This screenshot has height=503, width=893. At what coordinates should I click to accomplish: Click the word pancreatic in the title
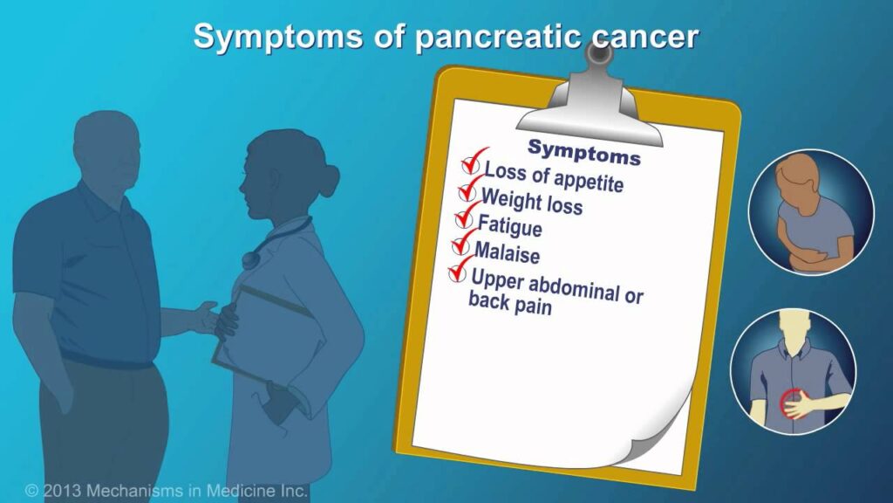(498, 38)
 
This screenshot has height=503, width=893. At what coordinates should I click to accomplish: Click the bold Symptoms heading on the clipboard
(583, 152)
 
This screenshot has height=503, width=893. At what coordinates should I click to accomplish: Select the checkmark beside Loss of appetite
(473, 162)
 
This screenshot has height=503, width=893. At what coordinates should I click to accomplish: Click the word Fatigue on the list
(509, 226)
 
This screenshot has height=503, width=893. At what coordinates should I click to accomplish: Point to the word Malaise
(507, 252)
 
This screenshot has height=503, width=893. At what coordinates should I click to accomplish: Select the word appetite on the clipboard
(589, 182)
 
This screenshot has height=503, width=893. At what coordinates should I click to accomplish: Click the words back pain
(509, 303)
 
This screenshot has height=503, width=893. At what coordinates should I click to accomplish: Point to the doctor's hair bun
(328, 179)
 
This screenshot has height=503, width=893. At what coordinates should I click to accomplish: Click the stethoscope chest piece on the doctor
(250, 259)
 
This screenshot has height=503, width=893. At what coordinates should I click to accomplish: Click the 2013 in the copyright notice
(62, 491)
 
